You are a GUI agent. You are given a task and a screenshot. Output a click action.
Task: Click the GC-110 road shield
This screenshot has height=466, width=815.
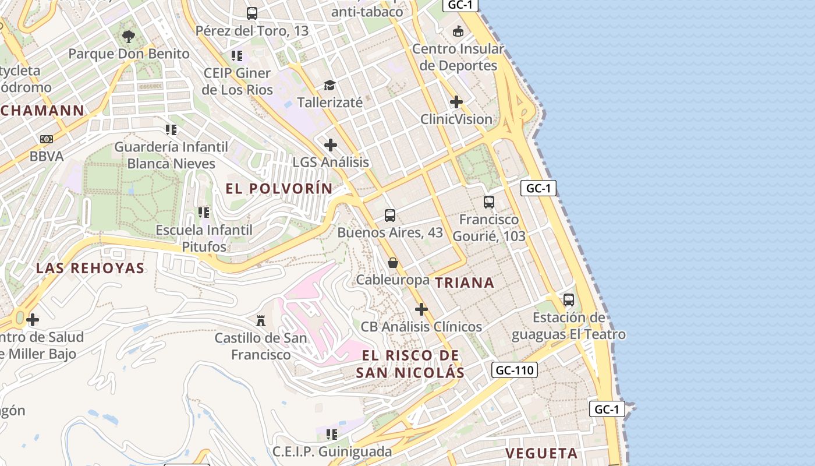click(514, 370)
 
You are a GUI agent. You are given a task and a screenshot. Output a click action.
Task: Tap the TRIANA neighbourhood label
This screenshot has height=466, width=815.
click(465, 283)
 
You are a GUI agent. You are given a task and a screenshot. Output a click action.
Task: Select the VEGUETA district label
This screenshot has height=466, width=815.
click(541, 453)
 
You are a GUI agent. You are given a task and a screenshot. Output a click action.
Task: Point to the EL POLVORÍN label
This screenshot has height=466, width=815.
click(279, 189)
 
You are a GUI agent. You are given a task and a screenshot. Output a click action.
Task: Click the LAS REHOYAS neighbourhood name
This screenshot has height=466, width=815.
click(90, 268)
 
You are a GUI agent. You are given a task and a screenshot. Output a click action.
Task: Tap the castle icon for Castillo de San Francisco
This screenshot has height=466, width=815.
click(261, 320)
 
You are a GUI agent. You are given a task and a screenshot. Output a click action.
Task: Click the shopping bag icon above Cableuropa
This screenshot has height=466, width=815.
click(393, 263)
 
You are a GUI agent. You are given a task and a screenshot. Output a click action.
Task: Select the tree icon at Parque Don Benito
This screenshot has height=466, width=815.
click(129, 37)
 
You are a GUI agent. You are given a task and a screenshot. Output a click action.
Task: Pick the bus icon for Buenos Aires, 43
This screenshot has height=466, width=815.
click(390, 216)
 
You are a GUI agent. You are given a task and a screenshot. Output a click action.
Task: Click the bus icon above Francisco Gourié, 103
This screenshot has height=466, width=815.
click(489, 202)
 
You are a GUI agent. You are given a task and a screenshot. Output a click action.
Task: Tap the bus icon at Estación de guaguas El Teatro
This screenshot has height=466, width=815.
click(569, 300)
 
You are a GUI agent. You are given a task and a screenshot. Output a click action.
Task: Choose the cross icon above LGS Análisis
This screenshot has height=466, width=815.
click(331, 144)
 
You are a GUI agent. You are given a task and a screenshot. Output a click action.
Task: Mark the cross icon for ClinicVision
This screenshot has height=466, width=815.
click(456, 102)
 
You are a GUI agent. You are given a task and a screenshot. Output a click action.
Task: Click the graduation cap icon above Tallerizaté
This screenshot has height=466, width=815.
click(330, 86)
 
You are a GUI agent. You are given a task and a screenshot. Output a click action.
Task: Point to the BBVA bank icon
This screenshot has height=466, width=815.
click(47, 139)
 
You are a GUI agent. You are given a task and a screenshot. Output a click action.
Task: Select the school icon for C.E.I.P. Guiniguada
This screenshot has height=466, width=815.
click(332, 434)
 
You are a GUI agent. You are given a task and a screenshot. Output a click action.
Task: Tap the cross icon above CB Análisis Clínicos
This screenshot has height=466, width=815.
click(421, 309)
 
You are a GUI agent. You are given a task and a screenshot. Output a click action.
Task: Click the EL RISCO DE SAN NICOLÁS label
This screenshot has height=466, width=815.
click(410, 364)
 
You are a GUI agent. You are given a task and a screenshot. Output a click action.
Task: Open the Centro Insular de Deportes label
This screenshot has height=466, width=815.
click(458, 57)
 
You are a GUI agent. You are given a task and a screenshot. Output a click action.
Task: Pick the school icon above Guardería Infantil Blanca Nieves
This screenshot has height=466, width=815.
click(171, 129)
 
